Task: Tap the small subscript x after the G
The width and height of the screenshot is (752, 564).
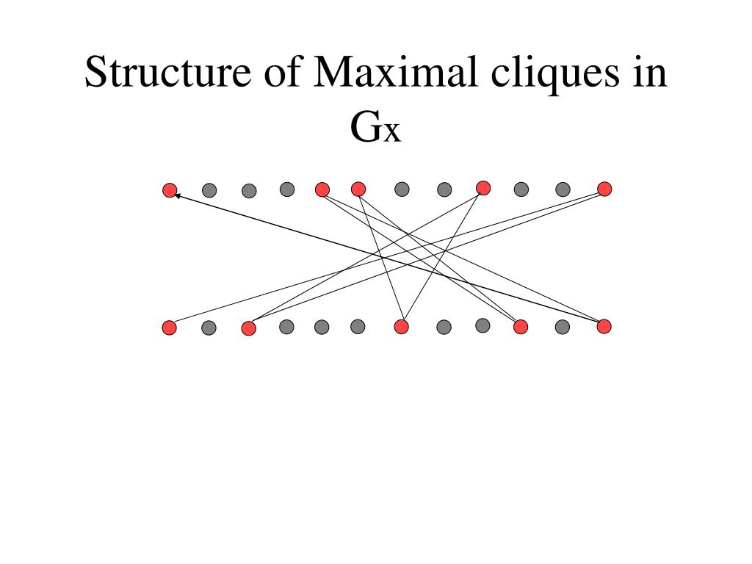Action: (391, 133)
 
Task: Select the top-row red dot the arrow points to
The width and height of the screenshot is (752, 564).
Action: (170, 191)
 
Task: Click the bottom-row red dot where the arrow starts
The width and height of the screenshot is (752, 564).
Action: (604, 326)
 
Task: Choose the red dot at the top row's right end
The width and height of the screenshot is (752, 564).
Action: (604, 189)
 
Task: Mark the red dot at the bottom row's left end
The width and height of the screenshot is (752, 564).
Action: (170, 328)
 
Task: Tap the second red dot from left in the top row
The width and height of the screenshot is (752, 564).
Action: (322, 189)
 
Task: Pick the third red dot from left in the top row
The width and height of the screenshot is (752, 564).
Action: (358, 189)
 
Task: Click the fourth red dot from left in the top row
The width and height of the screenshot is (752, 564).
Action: (483, 188)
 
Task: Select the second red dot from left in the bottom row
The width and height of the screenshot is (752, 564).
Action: (248, 328)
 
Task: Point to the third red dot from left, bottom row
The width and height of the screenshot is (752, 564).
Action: (401, 327)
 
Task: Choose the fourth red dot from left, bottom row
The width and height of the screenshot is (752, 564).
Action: (521, 327)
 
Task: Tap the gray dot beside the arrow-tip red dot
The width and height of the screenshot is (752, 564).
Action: (209, 190)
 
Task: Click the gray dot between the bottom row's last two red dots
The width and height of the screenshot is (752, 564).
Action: (563, 327)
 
